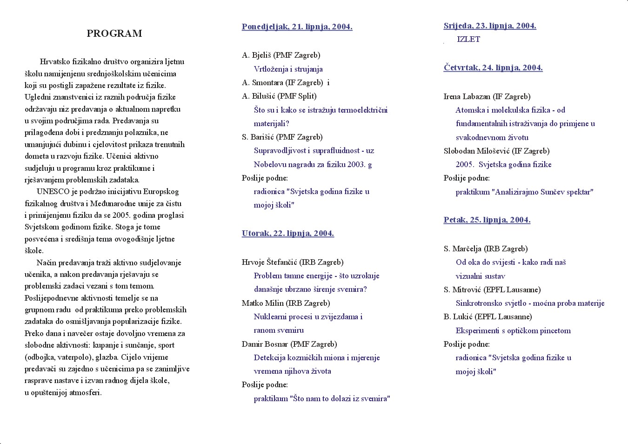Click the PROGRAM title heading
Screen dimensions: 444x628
(x=114, y=34)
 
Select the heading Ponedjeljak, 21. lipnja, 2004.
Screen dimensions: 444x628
(x=297, y=27)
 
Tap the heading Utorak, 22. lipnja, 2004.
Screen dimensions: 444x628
(x=287, y=233)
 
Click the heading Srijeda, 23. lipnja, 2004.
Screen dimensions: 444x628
(x=489, y=26)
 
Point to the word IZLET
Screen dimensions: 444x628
(x=468, y=39)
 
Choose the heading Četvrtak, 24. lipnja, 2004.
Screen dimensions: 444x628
(x=493, y=67)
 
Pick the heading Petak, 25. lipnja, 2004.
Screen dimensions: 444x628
(x=487, y=220)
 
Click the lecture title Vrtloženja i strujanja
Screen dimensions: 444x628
(x=288, y=69)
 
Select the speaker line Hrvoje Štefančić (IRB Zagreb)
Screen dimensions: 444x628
(x=292, y=262)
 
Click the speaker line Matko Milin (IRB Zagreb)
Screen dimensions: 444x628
(x=286, y=303)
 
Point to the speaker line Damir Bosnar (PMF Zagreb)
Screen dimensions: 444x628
(x=289, y=344)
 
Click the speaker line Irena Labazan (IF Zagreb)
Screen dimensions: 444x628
(x=487, y=96)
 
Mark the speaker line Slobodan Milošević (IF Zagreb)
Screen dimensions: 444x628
(x=496, y=151)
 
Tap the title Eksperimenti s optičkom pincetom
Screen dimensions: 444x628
(x=513, y=330)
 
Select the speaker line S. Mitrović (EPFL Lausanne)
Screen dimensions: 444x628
(x=492, y=289)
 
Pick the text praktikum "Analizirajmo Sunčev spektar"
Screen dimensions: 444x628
(x=524, y=192)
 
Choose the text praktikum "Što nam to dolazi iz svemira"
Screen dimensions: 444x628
(x=321, y=398)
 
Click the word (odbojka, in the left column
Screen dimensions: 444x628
(x=40, y=357)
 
